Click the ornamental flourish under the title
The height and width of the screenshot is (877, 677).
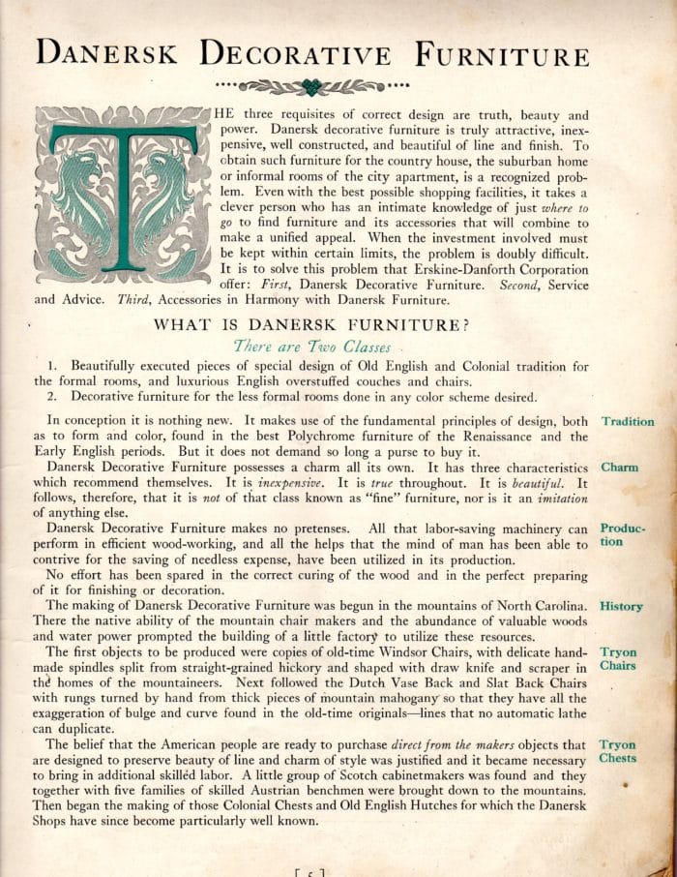point(311,86)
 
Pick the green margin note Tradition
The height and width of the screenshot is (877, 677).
point(628,422)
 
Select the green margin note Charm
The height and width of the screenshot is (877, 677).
point(620,467)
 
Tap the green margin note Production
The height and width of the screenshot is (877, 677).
point(623,535)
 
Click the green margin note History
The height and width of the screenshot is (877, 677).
point(621,606)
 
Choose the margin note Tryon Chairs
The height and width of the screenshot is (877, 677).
point(619,659)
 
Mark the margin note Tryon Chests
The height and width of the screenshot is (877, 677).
point(619,751)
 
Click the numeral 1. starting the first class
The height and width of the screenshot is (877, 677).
point(54,367)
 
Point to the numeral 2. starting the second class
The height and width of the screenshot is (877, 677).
point(54,397)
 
